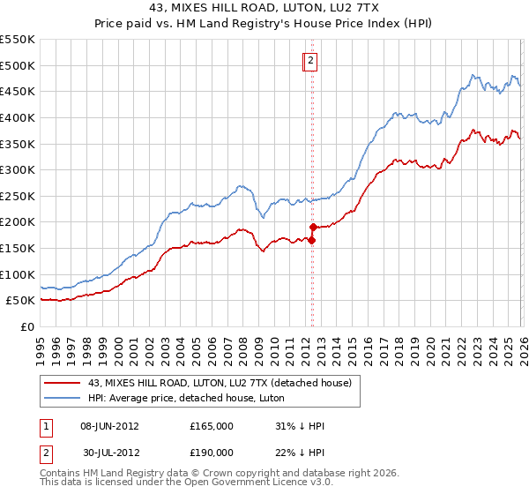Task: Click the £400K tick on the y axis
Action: pyautogui.click(x=18, y=117)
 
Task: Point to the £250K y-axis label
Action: pyautogui.click(x=18, y=196)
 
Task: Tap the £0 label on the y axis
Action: pyautogui.click(x=26, y=326)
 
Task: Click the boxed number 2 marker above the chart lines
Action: pyautogui.click(x=311, y=61)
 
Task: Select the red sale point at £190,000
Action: pyautogui.click(x=313, y=228)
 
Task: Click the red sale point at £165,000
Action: pyautogui.click(x=312, y=240)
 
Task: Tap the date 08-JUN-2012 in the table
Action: pyautogui.click(x=109, y=426)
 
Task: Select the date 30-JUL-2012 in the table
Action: pyautogui.click(x=109, y=452)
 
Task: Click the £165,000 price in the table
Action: pyautogui.click(x=212, y=426)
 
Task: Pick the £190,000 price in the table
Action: pyautogui.click(x=212, y=452)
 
